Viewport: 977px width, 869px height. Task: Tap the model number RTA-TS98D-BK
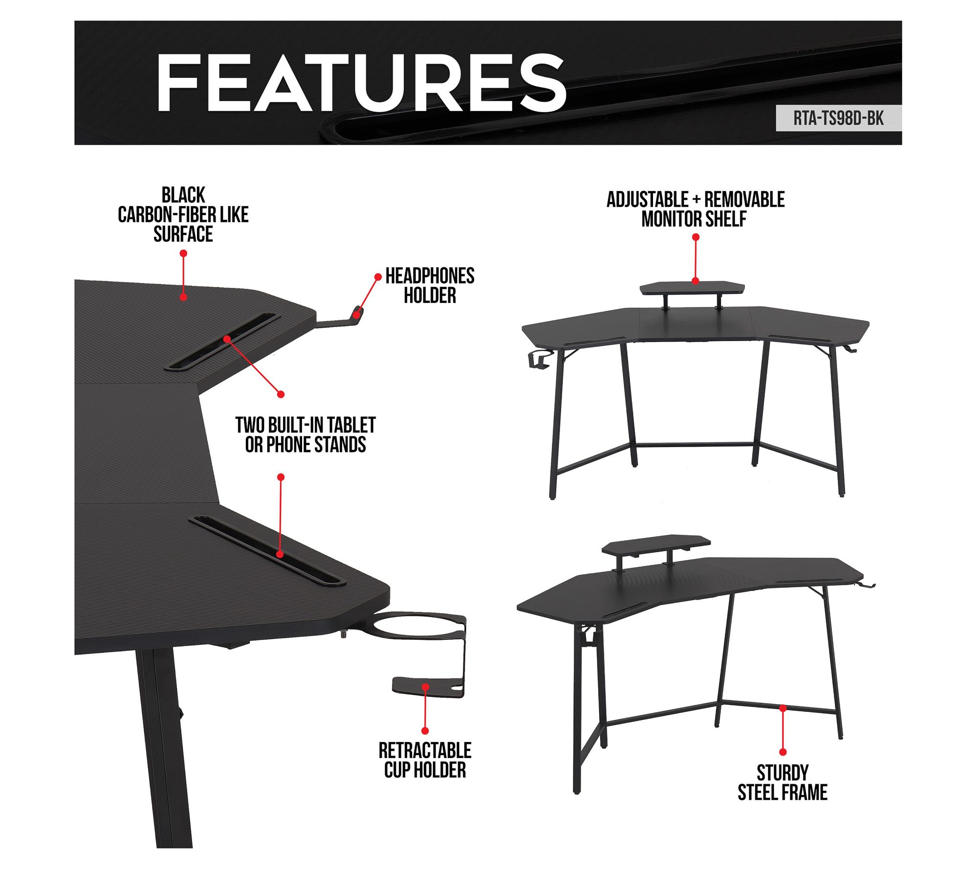click(x=838, y=118)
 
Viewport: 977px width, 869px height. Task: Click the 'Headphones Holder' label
click(x=430, y=285)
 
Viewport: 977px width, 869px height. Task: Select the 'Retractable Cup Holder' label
click(x=425, y=760)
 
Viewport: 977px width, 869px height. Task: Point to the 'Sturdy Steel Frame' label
click(x=782, y=782)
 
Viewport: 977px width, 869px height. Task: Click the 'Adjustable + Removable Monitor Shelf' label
click(x=695, y=209)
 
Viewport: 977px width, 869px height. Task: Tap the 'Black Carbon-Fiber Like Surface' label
click(x=183, y=215)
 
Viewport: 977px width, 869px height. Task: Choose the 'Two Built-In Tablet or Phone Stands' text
click(x=305, y=435)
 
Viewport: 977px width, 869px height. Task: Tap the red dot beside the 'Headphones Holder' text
click(x=378, y=277)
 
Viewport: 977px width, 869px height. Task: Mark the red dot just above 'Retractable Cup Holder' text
click(x=425, y=731)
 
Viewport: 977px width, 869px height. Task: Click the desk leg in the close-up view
click(x=164, y=748)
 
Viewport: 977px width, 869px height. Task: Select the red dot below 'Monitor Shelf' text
click(x=696, y=237)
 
